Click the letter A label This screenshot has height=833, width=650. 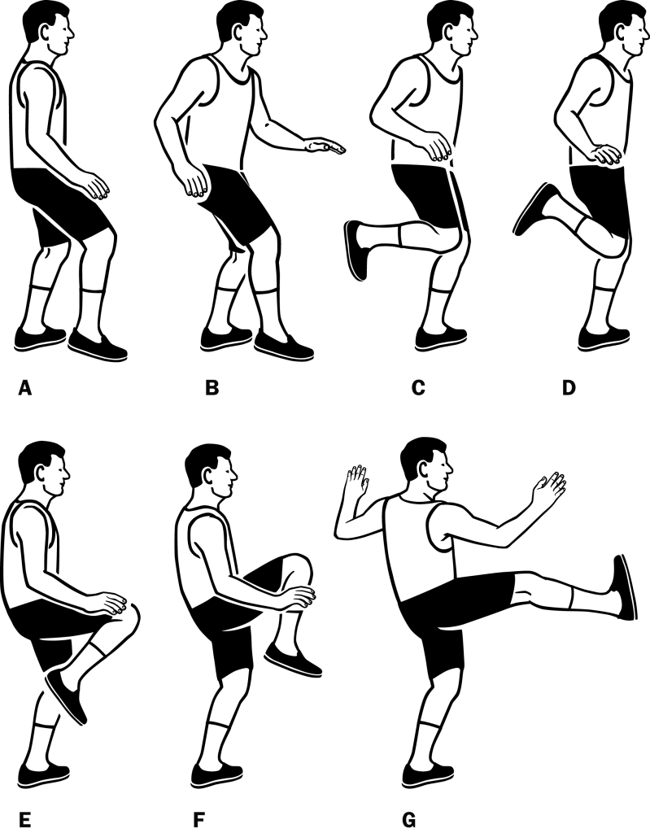point(25,388)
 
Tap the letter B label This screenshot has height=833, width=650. point(212,388)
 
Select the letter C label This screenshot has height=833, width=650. point(418,388)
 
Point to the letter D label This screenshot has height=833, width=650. point(569,388)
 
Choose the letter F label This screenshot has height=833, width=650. point(199,820)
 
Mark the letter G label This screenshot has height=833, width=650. point(409,820)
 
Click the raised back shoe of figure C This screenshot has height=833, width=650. point(356,250)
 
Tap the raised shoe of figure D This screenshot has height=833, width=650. point(534,208)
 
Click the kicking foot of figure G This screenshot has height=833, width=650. point(624,587)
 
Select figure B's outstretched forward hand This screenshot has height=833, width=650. point(325,146)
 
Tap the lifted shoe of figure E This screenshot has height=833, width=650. point(67,696)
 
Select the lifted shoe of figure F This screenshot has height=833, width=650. point(293,659)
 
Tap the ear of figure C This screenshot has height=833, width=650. point(455,33)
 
